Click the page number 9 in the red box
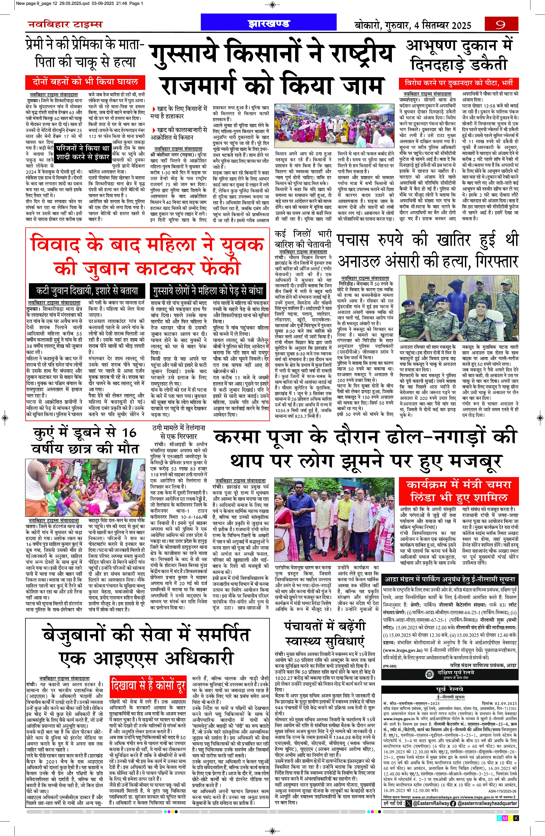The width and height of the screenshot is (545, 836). (x=501, y=25)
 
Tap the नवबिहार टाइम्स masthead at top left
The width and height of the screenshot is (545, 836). (x=65, y=25)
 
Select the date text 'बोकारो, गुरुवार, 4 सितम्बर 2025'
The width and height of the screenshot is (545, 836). (x=413, y=25)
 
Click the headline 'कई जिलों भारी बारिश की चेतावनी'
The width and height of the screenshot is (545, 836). (x=303, y=239)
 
